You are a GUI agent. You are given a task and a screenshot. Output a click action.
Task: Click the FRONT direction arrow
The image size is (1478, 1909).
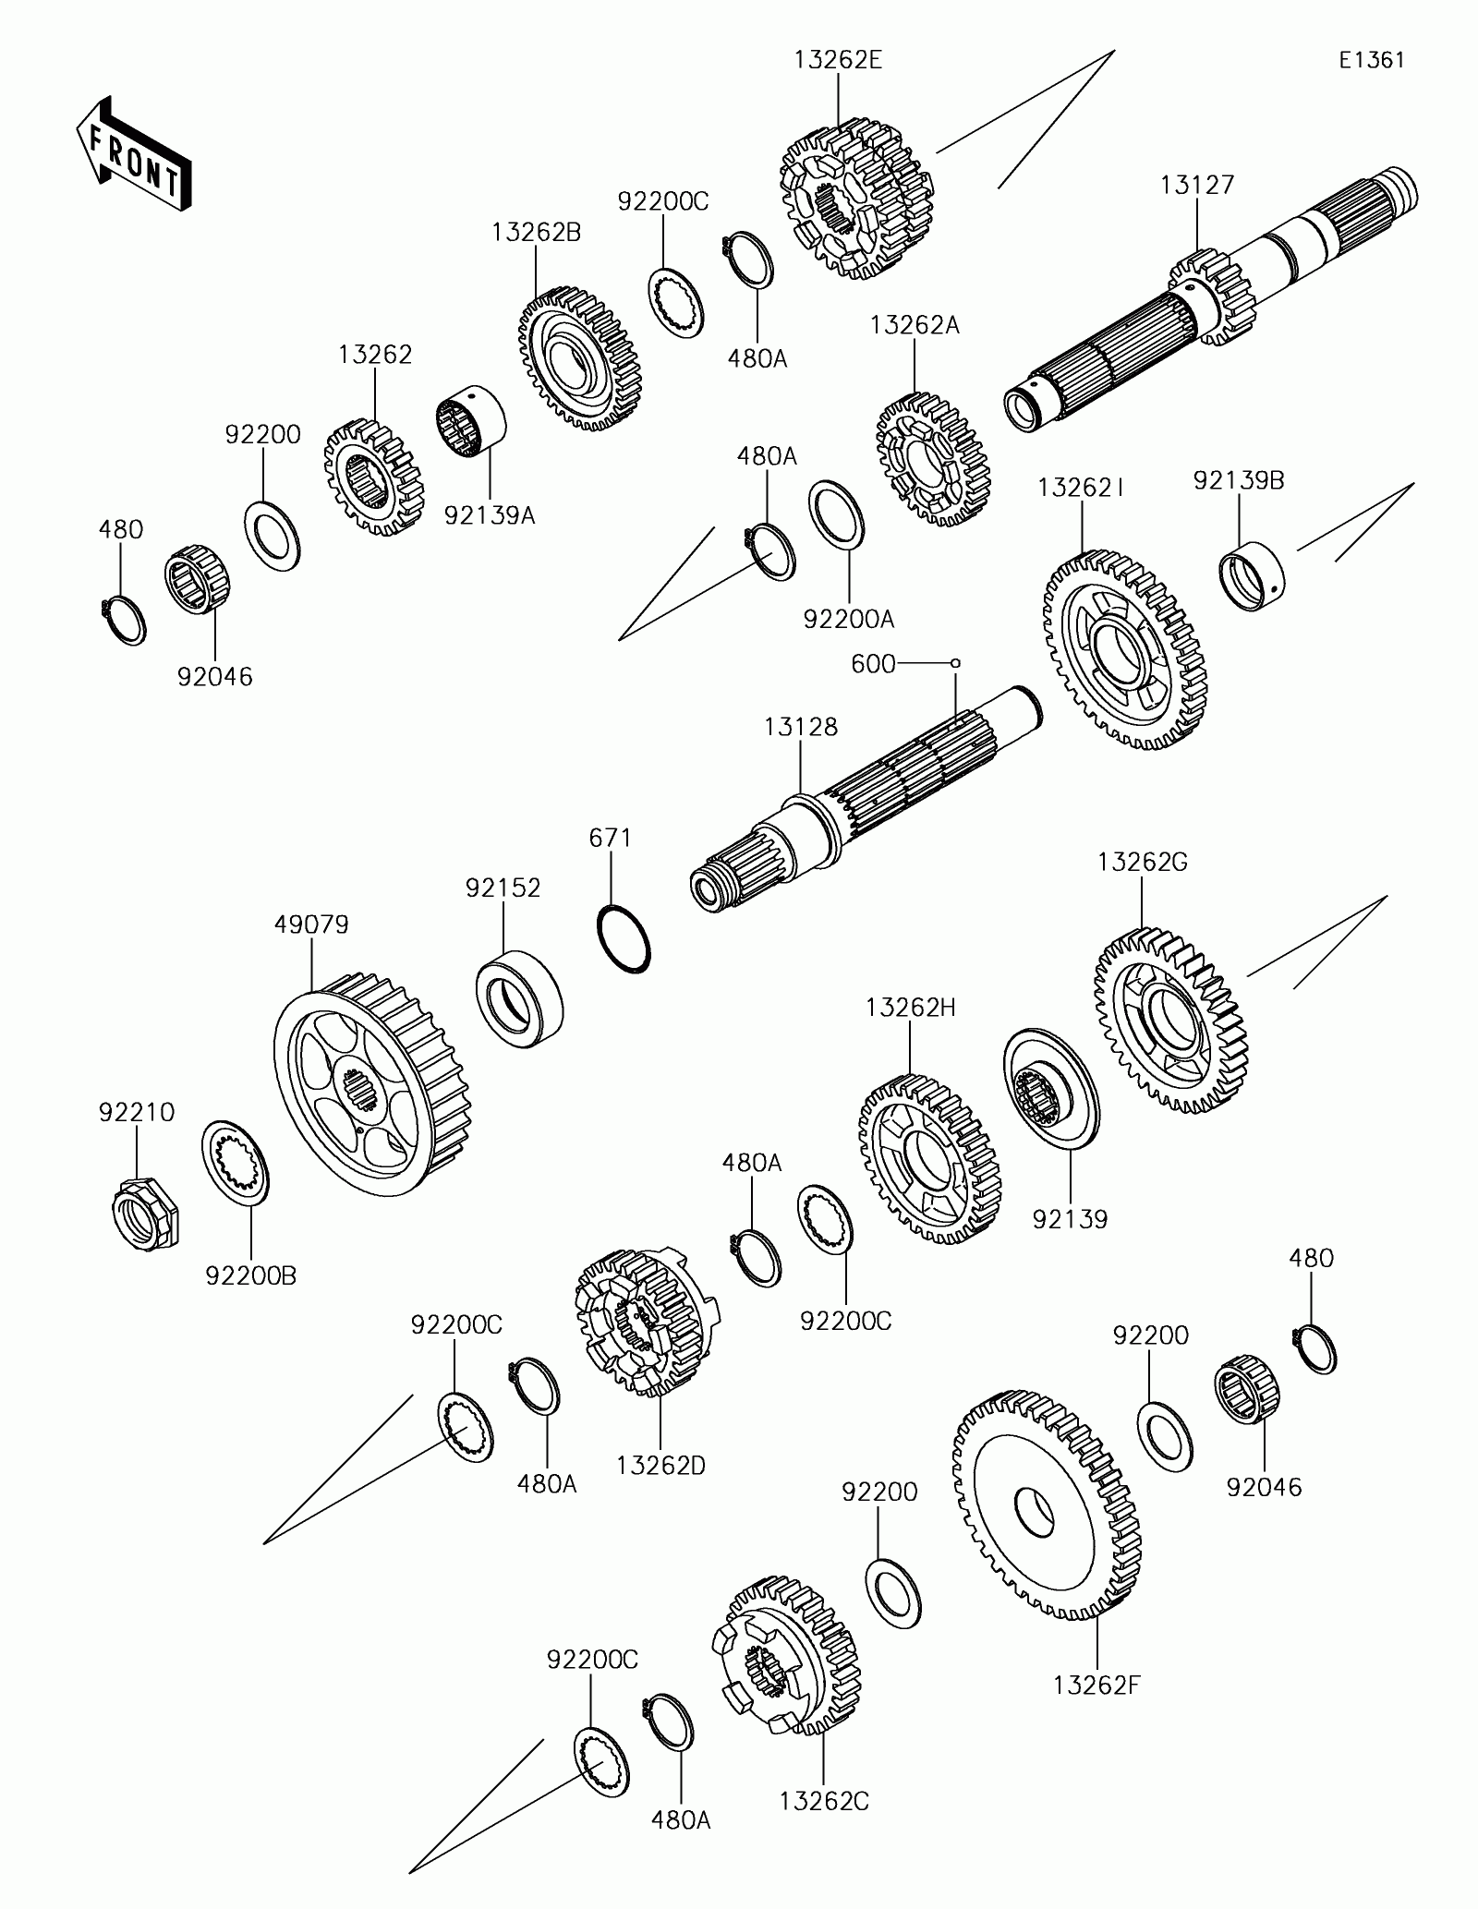click(133, 151)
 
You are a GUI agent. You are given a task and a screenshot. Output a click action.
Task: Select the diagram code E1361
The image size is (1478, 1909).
click(1372, 60)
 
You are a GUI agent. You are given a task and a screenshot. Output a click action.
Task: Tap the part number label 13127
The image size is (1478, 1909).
click(1196, 186)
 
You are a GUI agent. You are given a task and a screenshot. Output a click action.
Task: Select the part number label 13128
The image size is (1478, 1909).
click(800, 727)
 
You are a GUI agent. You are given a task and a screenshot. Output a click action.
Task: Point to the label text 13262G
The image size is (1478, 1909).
click(1142, 862)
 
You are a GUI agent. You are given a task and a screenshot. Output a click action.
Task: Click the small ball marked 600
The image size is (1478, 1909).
click(956, 662)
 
